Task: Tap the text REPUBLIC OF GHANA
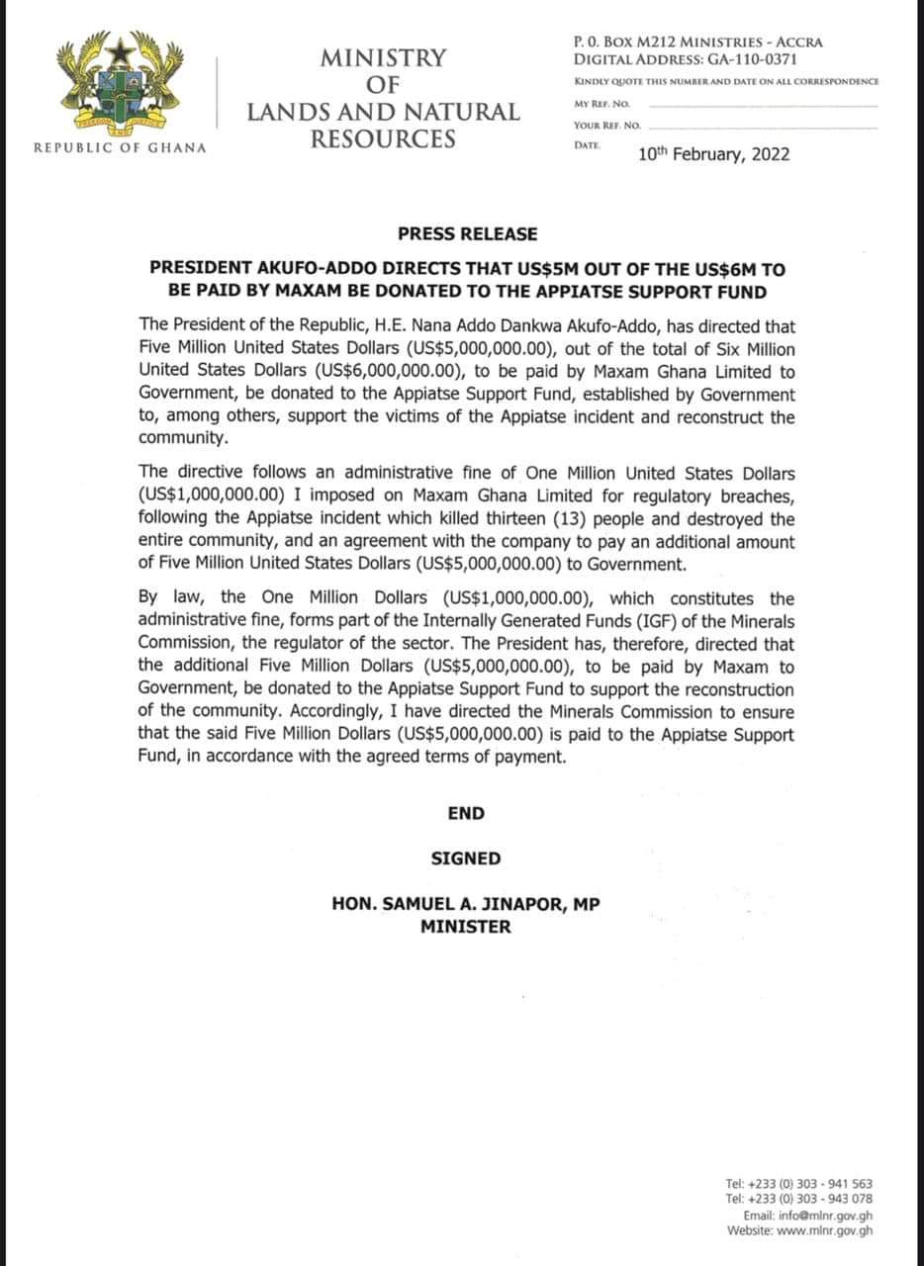click(120, 147)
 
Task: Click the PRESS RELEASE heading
click(467, 234)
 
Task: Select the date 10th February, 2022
click(714, 154)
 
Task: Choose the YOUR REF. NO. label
click(606, 126)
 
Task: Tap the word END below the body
click(466, 813)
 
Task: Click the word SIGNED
click(466, 859)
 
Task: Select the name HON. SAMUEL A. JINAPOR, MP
click(466, 904)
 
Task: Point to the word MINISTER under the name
click(466, 927)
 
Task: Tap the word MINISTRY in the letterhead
click(383, 58)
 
